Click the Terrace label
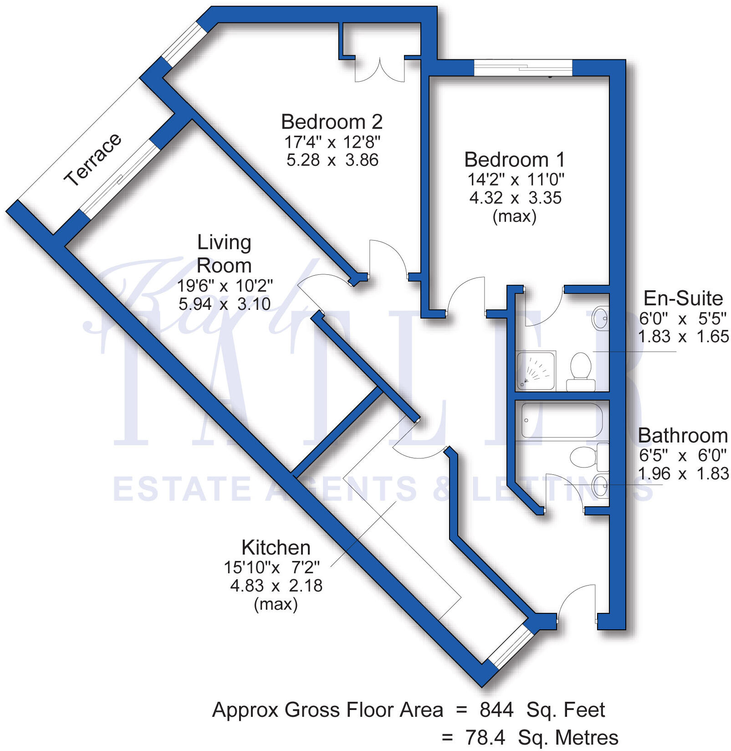click(93, 159)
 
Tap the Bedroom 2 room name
click(332, 122)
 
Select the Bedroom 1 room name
click(515, 160)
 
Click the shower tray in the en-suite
click(536, 370)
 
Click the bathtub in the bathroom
click(561, 420)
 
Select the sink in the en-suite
click(600, 319)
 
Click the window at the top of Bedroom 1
click(523, 68)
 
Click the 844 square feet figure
click(496, 710)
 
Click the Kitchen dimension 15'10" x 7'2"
click(271, 567)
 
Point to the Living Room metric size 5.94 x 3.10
click(225, 304)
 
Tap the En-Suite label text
click(683, 299)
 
